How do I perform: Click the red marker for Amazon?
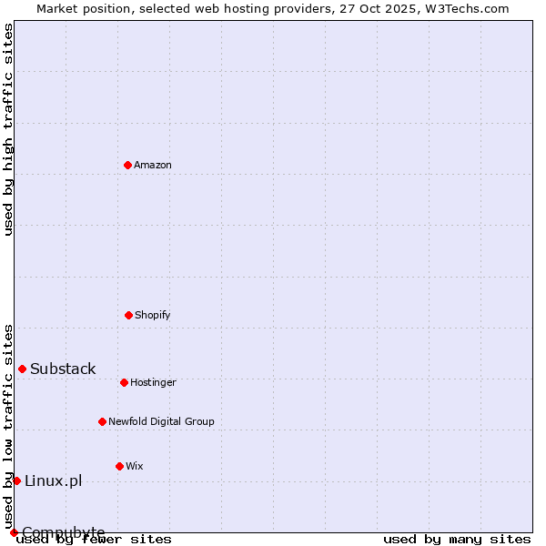(127, 165)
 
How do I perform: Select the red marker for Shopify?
(128, 315)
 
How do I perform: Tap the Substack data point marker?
(22, 369)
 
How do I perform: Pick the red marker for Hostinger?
(124, 382)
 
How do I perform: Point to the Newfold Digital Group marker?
(102, 421)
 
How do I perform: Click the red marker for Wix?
(119, 466)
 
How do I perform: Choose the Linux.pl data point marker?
(16, 480)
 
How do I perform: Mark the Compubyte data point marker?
(14, 532)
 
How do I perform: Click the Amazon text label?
(153, 166)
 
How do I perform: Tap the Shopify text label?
(153, 316)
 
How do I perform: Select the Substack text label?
(63, 369)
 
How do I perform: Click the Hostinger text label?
(153, 383)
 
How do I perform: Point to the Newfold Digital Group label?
(161, 422)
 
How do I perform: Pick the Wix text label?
(135, 467)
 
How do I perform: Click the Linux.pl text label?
(53, 481)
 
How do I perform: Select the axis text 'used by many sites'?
(457, 540)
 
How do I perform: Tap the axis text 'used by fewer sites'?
(94, 540)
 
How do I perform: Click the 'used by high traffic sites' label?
(8, 129)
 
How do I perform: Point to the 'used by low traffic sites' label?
(8, 426)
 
